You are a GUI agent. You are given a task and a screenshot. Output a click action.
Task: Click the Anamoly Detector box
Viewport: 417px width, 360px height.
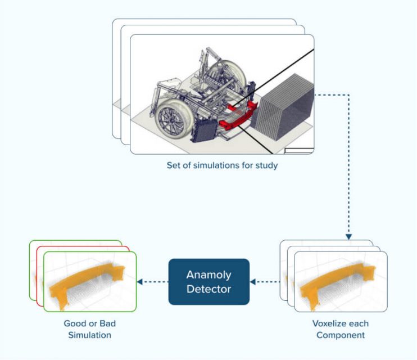pyautogui.click(x=208, y=281)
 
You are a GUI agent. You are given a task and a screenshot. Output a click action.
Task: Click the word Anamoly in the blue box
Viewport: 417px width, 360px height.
pyautogui.click(x=208, y=275)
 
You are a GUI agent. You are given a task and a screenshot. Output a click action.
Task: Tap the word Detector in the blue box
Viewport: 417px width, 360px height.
pyautogui.click(x=208, y=289)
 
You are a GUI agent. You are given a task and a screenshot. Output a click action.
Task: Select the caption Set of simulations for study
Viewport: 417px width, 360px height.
pyautogui.click(x=222, y=165)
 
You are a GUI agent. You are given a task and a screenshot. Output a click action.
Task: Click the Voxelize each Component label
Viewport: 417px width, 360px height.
pyautogui.click(x=341, y=330)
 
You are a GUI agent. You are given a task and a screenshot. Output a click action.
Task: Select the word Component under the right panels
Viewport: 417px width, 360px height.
pyautogui.click(x=341, y=335)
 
